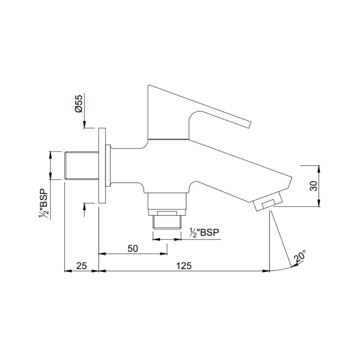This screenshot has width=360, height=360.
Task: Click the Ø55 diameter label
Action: click(x=79, y=104)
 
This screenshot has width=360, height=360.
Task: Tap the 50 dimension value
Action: click(x=133, y=248)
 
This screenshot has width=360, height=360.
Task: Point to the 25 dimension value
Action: click(x=81, y=266)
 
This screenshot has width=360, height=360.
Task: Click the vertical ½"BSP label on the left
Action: click(x=43, y=204)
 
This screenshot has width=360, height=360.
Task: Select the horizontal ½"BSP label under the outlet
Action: click(x=204, y=232)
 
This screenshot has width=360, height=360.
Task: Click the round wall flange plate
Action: click(x=102, y=165)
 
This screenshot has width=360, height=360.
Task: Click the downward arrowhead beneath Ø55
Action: click(x=85, y=125)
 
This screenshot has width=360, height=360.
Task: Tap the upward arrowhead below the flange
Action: click(x=85, y=206)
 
